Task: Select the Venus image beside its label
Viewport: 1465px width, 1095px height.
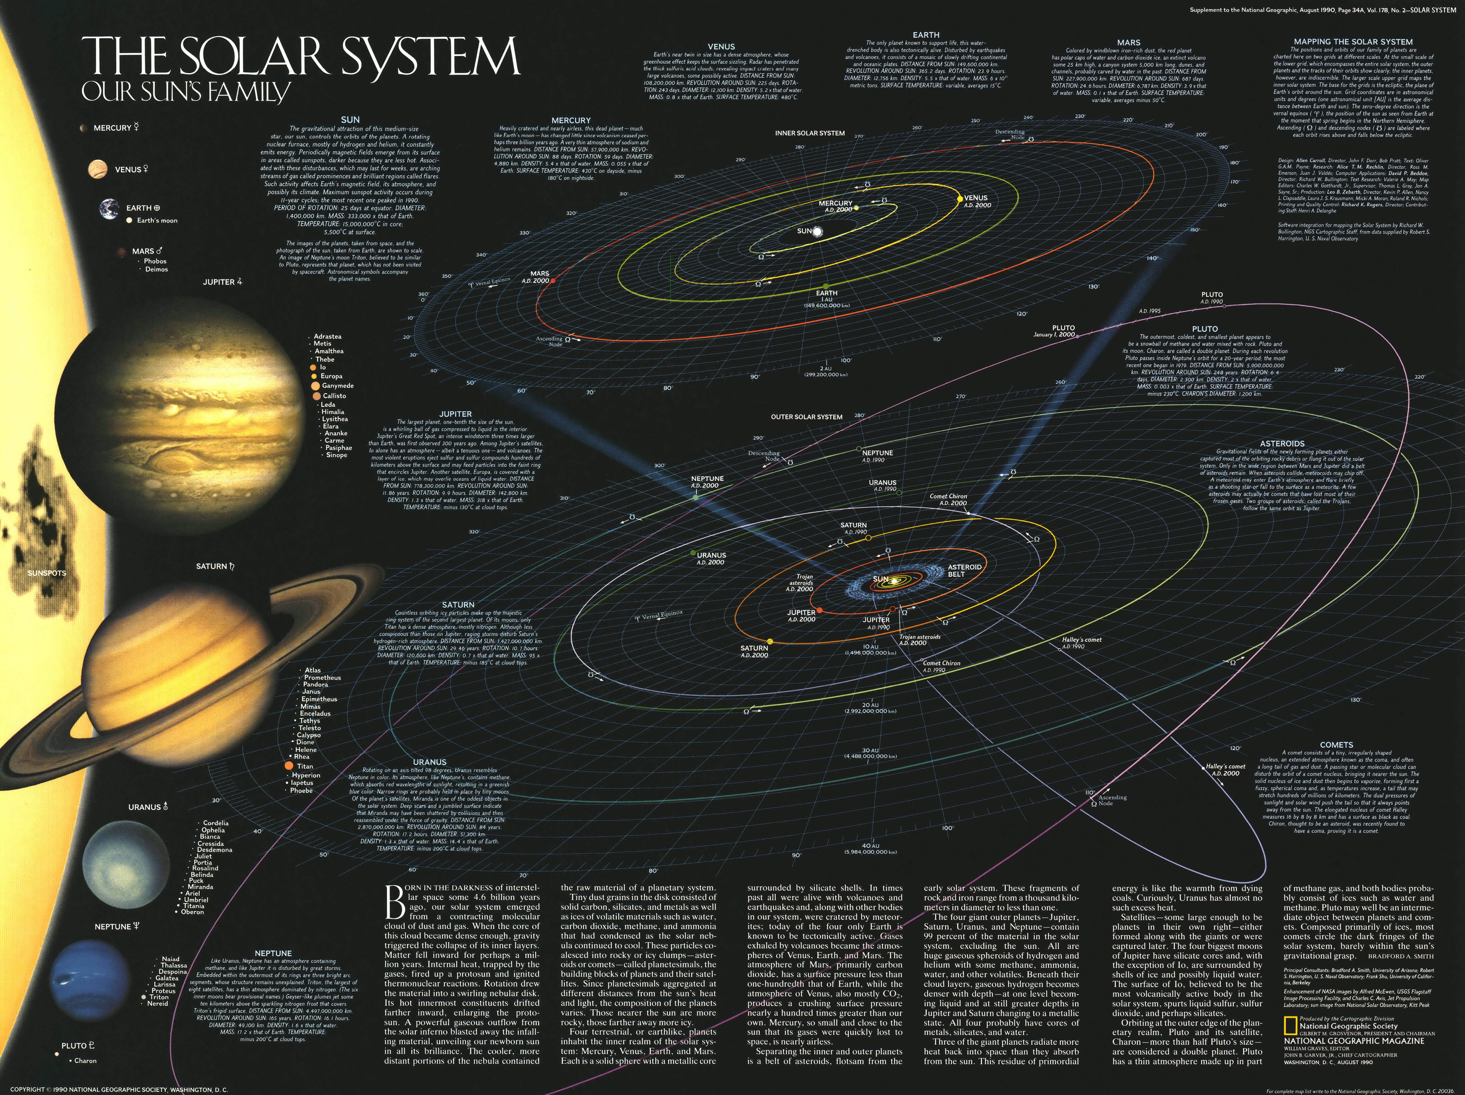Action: click(97, 170)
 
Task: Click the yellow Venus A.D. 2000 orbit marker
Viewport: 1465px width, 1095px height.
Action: click(959, 198)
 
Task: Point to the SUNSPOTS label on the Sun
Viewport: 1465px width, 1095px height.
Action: click(46, 573)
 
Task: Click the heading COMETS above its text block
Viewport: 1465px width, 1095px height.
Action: click(1336, 745)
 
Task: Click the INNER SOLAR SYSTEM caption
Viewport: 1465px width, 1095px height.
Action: click(809, 133)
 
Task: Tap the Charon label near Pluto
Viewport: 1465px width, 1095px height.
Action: click(85, 1061)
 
